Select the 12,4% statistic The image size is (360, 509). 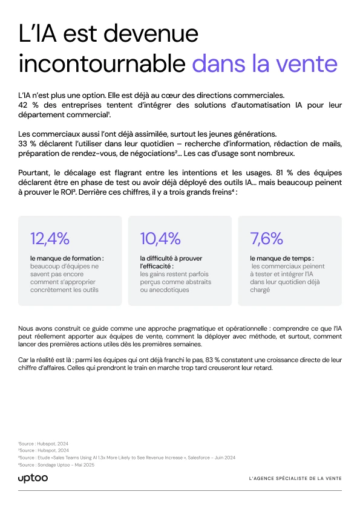click(50, 239)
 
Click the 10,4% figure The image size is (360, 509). click(160, 239)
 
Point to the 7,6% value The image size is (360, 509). click(266, 239)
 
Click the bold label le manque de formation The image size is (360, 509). click(67, 258)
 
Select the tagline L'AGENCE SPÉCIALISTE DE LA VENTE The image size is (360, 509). click(295, 479)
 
